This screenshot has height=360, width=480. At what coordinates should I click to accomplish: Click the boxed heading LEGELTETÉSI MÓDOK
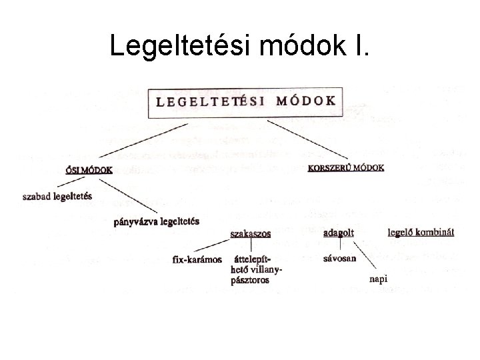point(246,101)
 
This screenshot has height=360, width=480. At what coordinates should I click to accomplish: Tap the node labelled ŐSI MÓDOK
point(89,169)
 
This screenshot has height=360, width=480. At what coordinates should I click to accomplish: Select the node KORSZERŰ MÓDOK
point(346,168)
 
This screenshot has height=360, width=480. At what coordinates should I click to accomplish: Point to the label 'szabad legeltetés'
point(57,197)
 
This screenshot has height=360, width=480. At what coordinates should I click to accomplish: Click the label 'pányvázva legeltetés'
point(156,221)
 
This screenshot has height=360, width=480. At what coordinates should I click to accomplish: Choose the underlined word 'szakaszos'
point(251,233)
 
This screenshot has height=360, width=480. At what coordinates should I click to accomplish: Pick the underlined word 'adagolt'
point(338,233)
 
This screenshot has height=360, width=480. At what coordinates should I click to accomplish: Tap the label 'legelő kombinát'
point(421,232)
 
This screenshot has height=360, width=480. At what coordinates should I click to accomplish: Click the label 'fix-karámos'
point(197,259)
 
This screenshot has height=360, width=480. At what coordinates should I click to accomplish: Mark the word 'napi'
point(378,279)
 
